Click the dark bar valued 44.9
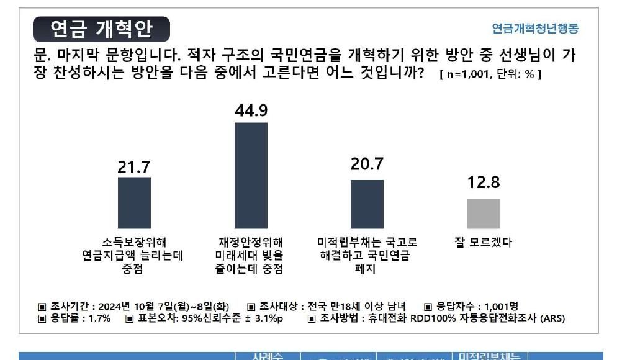251,176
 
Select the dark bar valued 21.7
134,203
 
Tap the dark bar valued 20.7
367,204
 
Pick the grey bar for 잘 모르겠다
483,214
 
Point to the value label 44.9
251,110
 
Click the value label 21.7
134,167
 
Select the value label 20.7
367,166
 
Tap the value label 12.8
483,184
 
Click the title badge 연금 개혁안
101,29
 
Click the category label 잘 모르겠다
483,242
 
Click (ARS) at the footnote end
552,319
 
